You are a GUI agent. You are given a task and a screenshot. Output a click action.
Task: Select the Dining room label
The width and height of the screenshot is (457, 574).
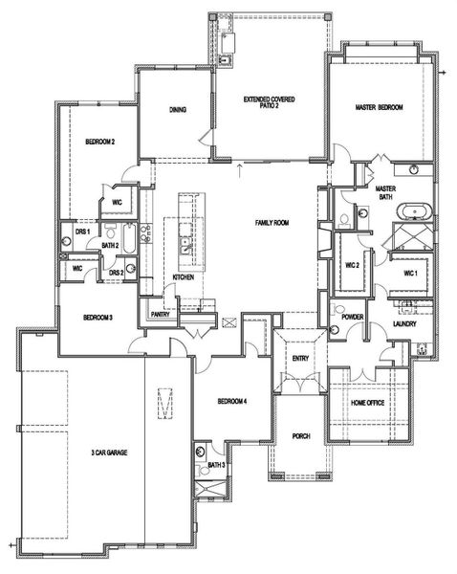pyautogui.click(x=177, y=109)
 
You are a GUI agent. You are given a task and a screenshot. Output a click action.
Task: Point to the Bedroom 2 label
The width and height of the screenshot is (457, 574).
pyautogui.click(x=99, y=142)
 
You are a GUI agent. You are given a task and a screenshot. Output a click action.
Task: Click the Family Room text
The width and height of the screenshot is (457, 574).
pyautogui.click(x=272, y=222)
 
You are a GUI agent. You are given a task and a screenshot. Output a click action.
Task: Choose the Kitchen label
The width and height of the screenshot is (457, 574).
pyautogui.click(x=184, y=277)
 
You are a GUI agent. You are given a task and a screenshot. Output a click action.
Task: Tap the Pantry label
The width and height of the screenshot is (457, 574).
pyautogui.click(x=160, y=314)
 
